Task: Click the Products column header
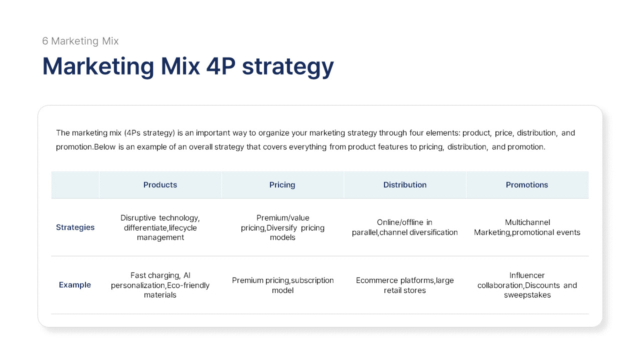160,185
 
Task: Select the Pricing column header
282,185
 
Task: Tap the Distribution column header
405,185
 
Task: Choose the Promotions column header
527,185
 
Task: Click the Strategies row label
75,227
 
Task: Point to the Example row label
75,285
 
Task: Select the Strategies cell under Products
160,227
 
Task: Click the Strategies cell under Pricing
282,227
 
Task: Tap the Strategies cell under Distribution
405,227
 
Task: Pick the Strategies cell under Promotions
527,227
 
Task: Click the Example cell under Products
160,285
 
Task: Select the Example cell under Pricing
282,285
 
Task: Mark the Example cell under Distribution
405,285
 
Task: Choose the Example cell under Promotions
527,285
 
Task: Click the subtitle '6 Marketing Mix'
80,41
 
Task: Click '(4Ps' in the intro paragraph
135,133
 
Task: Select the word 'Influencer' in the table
527,275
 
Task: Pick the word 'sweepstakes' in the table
527,295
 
